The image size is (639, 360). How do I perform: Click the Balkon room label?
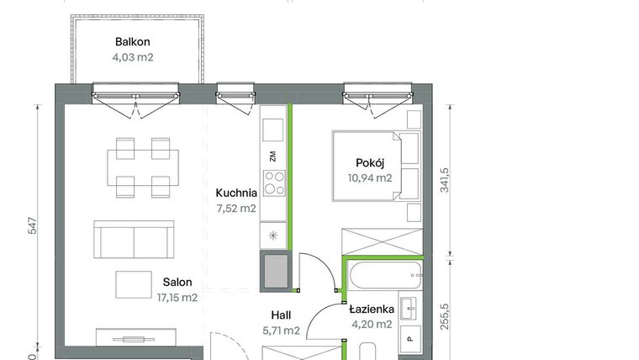click(x=133, y=42)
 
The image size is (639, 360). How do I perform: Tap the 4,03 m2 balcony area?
click(x=133, y=57)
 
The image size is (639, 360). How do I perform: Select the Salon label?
click(x=177, y=282)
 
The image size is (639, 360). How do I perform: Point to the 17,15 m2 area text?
click(x=177, y=298)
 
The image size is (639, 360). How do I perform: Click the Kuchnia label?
click(x=236, y=193)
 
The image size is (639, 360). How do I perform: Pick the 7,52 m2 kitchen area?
click(x=236, y=209)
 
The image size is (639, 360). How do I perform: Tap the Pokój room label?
click(x=370, y=163)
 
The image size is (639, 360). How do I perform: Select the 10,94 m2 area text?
click(x=370, y=178)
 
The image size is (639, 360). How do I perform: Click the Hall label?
click(x=281, y=315)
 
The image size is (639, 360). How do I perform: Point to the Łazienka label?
click(x=372, y=309)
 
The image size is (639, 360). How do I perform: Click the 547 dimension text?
click(x=33, y=226)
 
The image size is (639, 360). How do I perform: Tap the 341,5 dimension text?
click(x=444, y=180)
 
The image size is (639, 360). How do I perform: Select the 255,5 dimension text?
click(x=444, y=316)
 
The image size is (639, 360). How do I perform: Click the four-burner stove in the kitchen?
click(x=274, y=183)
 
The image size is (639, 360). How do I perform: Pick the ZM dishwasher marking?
click(x=272, y=156)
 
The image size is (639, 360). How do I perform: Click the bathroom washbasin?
click(x=409, y=308)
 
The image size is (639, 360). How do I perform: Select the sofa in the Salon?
click(x=134, y=240)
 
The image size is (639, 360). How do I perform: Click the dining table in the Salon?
click(x=143, y=167)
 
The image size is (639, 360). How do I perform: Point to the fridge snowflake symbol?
click(x=273, y=236)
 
